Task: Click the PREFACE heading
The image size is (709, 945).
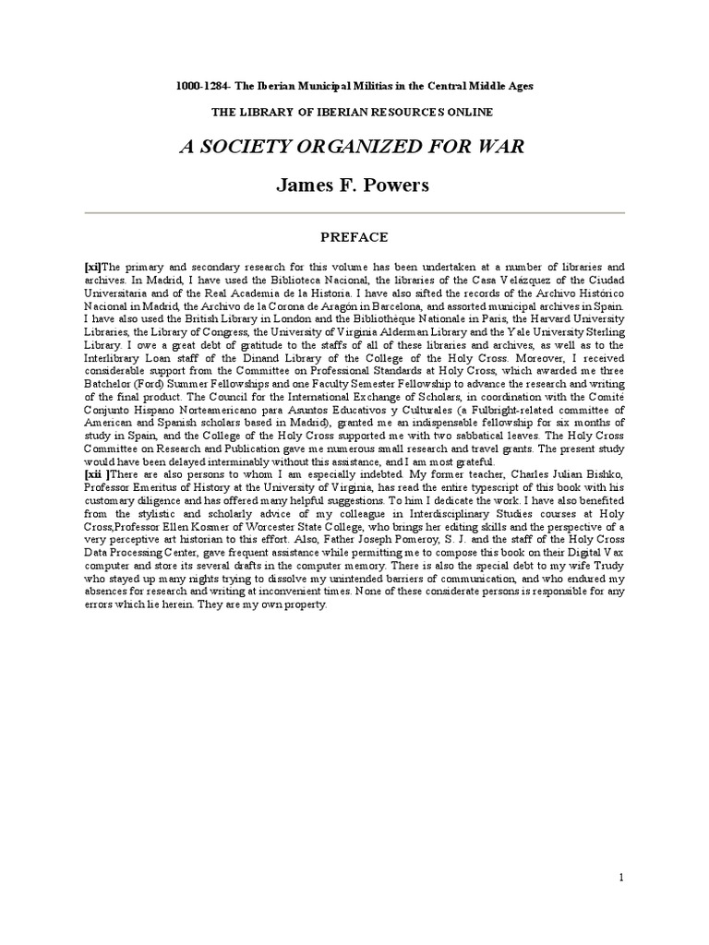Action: tap(354, 237)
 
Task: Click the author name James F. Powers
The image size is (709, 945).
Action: tap(354, 185)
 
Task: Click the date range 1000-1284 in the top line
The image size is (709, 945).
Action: tap(201, 86)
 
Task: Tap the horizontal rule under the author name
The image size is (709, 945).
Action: tap(354, 213)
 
